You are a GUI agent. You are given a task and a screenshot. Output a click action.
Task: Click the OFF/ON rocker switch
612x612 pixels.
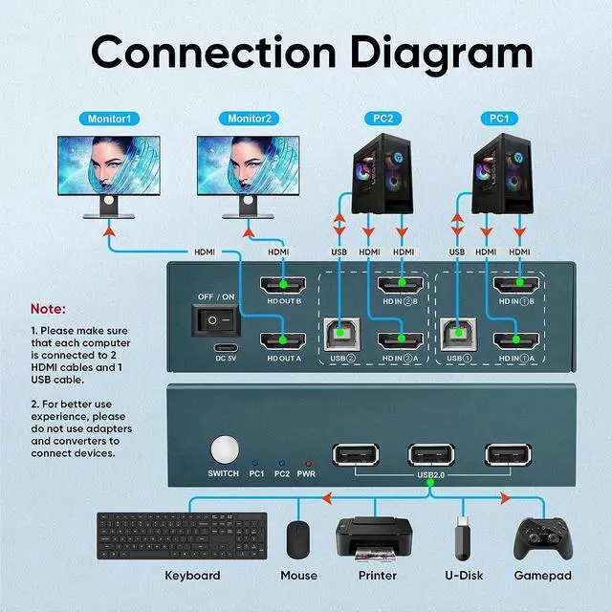[x=215, y=318]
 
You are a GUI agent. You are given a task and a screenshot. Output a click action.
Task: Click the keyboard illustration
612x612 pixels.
[x=181, y=537]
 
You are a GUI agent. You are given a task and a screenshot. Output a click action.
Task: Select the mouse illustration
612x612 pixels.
[x=299, y=539]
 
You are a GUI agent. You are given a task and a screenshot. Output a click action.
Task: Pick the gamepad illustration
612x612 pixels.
[x=542, y=539]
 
